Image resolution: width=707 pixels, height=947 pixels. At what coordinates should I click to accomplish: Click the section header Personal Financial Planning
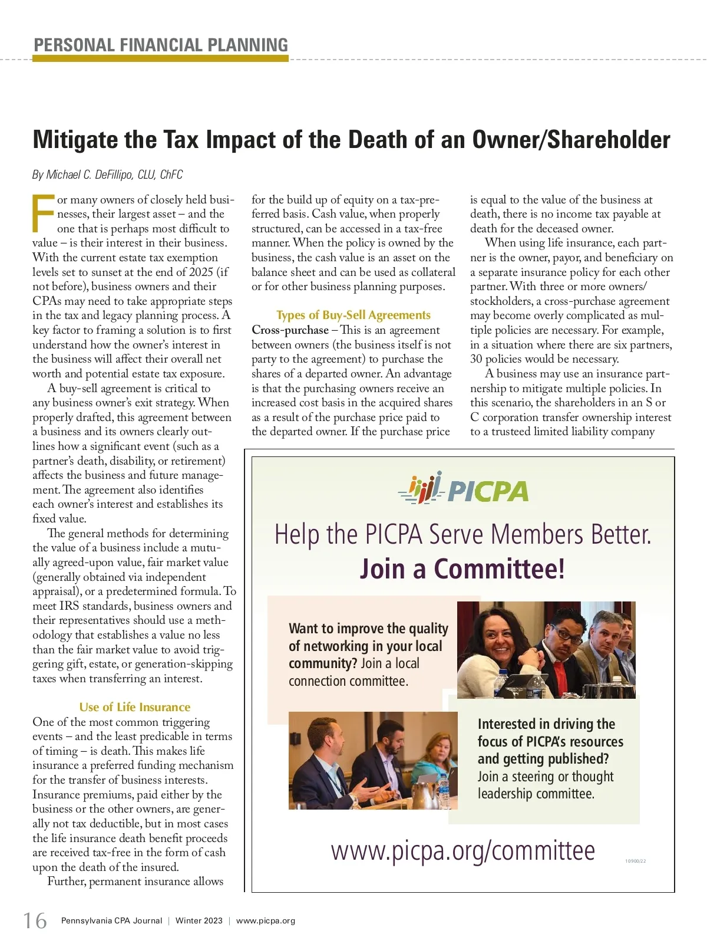161,45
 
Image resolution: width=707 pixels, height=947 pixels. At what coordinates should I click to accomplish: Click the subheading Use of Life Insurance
134,707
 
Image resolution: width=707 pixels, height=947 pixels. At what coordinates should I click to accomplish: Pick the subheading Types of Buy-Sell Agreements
353,315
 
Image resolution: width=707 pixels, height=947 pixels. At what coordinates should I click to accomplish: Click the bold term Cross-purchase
290,330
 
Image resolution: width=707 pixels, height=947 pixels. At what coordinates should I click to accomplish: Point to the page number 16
35,920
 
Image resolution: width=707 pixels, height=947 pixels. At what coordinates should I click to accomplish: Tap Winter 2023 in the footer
199,920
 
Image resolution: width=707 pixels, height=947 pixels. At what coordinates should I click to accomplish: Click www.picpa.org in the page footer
265,920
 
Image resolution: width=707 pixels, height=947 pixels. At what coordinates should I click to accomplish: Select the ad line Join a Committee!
462,569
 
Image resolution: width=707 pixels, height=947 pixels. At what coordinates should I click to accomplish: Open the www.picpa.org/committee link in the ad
462,851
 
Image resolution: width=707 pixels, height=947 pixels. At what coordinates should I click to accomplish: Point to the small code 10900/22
635,861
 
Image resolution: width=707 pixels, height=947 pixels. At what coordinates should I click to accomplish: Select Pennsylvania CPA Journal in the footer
111,920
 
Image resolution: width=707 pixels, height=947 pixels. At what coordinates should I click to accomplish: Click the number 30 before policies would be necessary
476,359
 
